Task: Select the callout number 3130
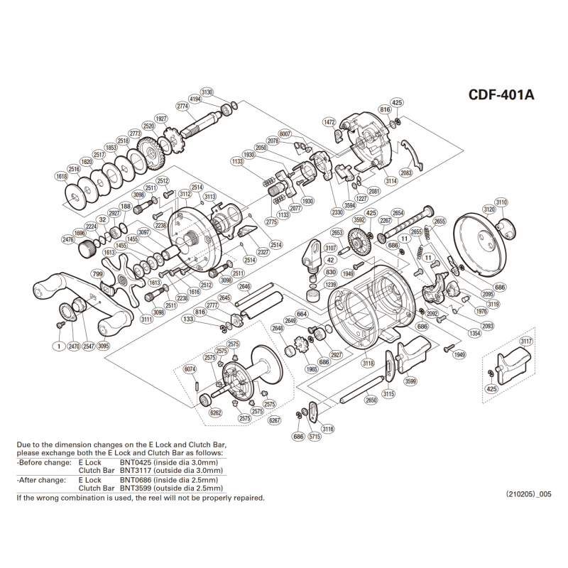[207, 93]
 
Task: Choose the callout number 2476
[68, 239]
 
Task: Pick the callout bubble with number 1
[56, 346]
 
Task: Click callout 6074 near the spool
[190, 369]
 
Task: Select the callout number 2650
[371, 400]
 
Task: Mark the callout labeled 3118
[368, 363]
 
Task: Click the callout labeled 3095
[104, 346]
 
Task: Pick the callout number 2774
[181, 106]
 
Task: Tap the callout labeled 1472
[329, 122]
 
